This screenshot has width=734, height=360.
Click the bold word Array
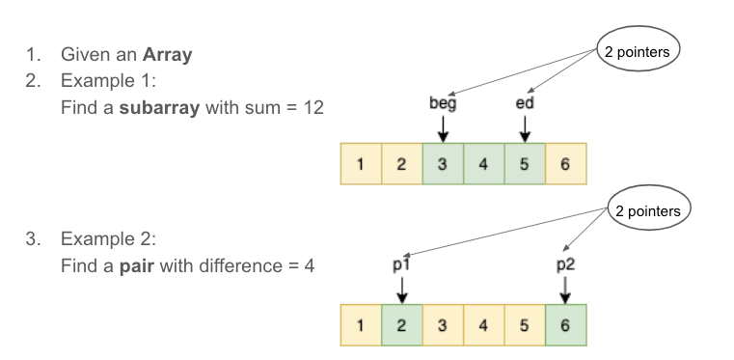coord(166,54)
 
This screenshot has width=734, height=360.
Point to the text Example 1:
coord(104,80)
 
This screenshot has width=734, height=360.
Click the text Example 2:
coord(104,237)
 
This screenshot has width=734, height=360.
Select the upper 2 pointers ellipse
coord(637,52)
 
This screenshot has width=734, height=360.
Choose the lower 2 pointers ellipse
coord(646,211)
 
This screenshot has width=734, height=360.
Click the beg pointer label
coord(442,102)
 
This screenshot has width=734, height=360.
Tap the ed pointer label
coord(524,102)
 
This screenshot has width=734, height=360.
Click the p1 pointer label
coord(402,262)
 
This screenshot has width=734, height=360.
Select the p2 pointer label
coord(564,262)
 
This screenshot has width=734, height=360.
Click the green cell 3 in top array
coord(442,163)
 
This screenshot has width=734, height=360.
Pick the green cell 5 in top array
coord(524,163)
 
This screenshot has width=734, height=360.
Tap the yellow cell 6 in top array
coord(565,163)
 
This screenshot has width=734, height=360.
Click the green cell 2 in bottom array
coord(401,324)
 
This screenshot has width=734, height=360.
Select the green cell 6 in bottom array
coord(565,324)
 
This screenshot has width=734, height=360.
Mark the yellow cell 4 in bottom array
coord(483,324)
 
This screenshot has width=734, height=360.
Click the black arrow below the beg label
coord(442,127)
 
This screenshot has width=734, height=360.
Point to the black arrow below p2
coord(564,287)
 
